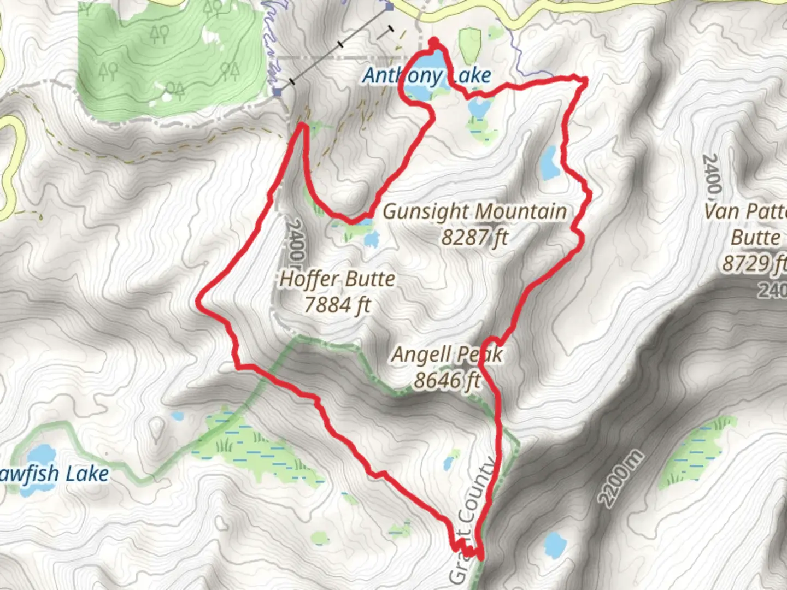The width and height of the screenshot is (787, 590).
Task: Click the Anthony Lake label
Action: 427,76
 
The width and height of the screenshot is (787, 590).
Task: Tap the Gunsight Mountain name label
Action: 474,212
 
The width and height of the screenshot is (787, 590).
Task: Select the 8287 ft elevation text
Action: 474,238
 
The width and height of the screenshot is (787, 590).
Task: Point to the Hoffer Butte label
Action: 337,279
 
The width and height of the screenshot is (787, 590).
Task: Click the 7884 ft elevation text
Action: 337,305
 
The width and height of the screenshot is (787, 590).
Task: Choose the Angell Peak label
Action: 447,355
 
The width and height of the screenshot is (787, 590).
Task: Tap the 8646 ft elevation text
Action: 447,380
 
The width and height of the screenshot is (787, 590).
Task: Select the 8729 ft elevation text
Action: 754,264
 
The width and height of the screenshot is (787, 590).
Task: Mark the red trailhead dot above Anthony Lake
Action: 434,42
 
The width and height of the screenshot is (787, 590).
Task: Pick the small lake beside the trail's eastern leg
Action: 549,163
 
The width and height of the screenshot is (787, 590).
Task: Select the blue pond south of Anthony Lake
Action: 479,108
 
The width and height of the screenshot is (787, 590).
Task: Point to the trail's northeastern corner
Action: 584,81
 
